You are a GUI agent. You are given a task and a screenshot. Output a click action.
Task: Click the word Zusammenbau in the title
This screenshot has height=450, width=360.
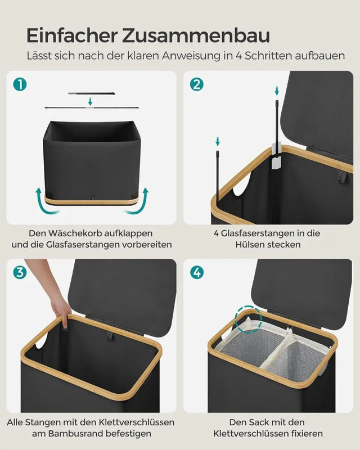pyautogui.click(x=195, y=35)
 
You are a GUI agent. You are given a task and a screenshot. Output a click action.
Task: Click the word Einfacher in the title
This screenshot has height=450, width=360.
pyautogui.click(x=72, y=35)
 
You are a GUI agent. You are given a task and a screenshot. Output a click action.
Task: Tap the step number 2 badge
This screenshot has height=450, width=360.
pyautogui.click(x=197, y=84)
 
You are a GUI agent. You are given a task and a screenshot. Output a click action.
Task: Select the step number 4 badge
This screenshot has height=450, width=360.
pyautogui.click(x=197, y=273)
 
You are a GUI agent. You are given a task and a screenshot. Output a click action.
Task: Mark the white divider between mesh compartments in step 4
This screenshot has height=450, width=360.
pyautogui.click(x=280, y=354)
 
